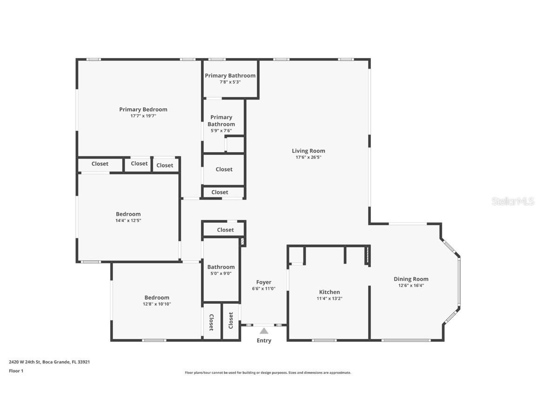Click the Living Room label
click(308, 151)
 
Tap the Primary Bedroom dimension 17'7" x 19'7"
click(143, 116)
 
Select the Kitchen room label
click(329, 292)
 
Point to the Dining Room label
click(411, 279)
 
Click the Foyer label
click(263, 282)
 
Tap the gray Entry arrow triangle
click(264, 331)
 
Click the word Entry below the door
click(264, 341)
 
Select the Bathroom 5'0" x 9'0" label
click(221, 267)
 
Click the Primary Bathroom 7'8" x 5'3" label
click(230, 75)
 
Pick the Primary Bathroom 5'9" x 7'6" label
click(221, 121)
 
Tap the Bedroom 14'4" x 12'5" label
click(129, 214)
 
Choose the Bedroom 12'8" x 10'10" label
click(156, 298)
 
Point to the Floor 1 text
click(16, 371)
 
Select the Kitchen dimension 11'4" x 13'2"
click(329, 298)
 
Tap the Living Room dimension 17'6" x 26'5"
click(308, 157)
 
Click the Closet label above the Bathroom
click(225, 230)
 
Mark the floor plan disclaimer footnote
click(268, 373)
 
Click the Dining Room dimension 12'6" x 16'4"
click(411, 286)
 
